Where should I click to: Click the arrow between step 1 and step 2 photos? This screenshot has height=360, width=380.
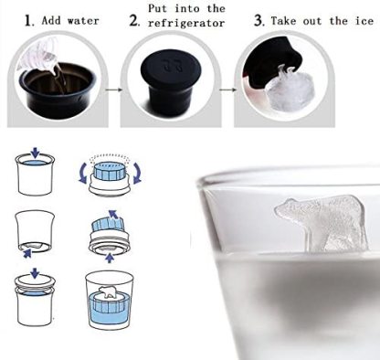112,90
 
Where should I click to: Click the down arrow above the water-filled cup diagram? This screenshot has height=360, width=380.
36,153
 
